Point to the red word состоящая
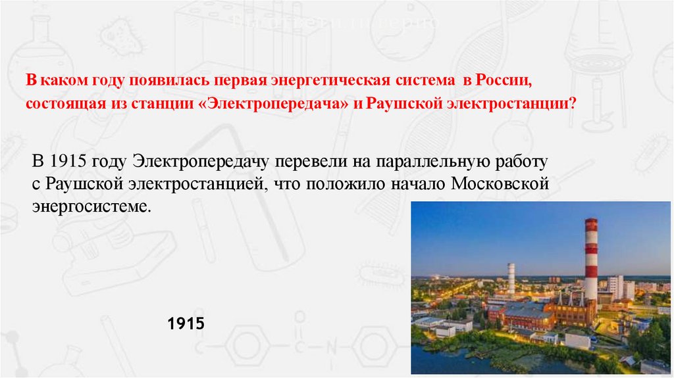click(x=57, y=105)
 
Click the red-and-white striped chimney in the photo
click(x=591, y=260)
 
